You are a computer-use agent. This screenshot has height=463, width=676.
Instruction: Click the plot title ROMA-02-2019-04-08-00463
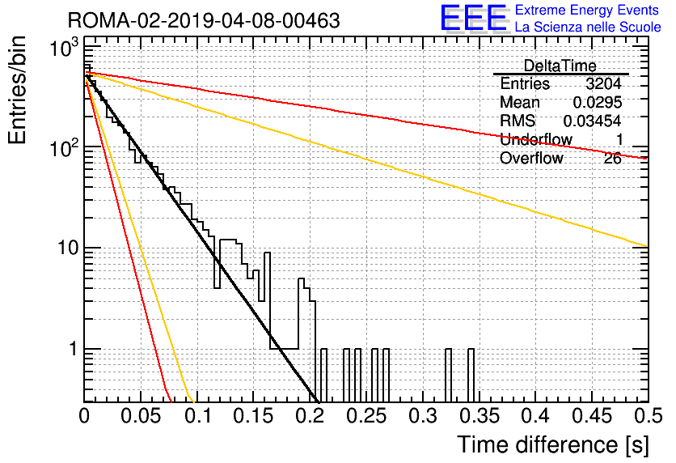point(204,20)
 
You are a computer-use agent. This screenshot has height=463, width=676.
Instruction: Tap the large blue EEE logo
point(474,18)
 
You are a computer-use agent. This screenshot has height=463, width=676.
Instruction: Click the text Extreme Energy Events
point(587,10)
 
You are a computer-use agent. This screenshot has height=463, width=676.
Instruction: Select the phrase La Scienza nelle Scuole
point(588,27)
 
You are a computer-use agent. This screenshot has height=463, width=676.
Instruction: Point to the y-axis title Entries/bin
point(17,90)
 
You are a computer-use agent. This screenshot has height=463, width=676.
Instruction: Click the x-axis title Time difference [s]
point(553,445)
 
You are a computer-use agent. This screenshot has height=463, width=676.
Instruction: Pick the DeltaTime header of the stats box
point(560,66)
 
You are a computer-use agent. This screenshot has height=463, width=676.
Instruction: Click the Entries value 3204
point(603,83)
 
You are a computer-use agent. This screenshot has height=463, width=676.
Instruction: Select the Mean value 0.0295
point(597,102)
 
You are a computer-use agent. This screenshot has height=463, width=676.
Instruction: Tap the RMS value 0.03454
point(592,121)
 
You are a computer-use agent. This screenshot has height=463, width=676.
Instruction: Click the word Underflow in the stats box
point(535,139)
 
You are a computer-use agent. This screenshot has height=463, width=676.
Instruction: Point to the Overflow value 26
point(612,159)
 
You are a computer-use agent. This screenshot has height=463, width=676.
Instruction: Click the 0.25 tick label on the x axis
point(366,416)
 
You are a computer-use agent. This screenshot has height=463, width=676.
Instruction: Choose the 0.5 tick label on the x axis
point(648,416)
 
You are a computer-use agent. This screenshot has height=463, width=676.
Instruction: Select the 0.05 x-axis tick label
point(141,416)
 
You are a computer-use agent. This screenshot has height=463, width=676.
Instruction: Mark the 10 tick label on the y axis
point(68,248)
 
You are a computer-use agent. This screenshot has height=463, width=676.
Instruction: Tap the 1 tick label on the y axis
point(74,349)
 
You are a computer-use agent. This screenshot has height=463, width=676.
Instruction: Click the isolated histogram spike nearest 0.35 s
point(471,376)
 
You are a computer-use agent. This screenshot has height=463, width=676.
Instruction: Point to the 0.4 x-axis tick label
point(535,416)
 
